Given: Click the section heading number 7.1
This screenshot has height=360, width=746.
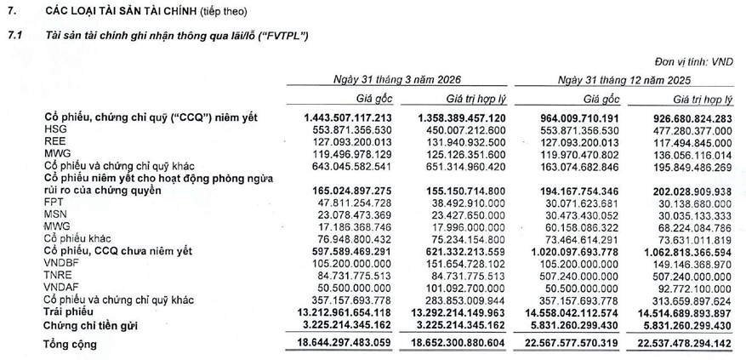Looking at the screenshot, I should click(14, 37).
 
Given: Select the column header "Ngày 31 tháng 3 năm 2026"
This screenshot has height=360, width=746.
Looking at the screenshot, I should click(396, 79).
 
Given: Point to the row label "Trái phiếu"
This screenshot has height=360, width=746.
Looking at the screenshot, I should click(71, 312).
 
